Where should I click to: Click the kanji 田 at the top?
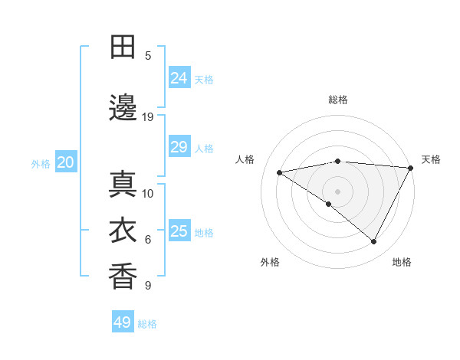(x=123, y=47)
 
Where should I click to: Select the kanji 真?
(x=123, y=185)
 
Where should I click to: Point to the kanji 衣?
(x=123, y=231)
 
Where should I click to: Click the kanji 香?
(x=123, y=277)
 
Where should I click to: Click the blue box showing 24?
(x=179, y=77)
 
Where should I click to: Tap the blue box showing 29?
(x=179, y=147)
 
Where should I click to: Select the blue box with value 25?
(x=179, y=231)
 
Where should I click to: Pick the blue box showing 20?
(x=65, y=162)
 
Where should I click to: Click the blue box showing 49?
(x=123, y=322)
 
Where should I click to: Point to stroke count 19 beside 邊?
(x=148, y=117)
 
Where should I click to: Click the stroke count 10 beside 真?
(x=148, y=193)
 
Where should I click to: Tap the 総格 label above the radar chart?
(x=337, y=100)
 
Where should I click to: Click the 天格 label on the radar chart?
(x=431, y=159)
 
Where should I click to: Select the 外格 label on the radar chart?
(x=270, y=262)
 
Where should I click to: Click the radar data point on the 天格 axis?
(x=411, y=168)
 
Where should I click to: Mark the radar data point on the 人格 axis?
(x=280, y=172)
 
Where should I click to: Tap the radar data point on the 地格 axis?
(x=374, y=242)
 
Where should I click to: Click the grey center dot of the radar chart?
(x=337, y=191)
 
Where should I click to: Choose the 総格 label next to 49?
(x=147, y=324)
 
